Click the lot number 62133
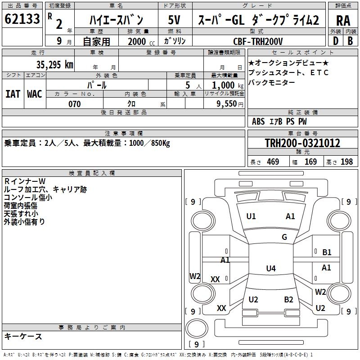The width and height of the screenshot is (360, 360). pos(22,18)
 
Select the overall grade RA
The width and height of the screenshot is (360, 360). pos(343,21)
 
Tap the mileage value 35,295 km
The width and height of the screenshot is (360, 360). pos(54,65)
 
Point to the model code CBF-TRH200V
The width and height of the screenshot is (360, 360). pos(258,41)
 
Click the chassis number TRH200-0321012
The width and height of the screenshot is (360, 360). pos(302,143)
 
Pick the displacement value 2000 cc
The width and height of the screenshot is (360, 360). pos(141,41)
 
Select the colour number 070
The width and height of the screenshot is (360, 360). pos(74,104)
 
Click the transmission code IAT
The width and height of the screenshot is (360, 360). pos(13,94)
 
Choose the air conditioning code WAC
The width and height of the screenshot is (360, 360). pos(35,94)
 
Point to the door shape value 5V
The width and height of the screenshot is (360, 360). pos(174,20)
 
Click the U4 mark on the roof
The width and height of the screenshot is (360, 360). pos(271,268)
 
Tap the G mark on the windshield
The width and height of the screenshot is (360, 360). pos(284,237)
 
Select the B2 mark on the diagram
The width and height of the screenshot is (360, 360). pos(288,300)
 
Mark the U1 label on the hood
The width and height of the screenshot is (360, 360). pos(251,216)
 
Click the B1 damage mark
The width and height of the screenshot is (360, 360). pos(327,252)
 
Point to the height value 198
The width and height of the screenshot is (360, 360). pos(346,162)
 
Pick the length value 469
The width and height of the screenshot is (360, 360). pos(273,162)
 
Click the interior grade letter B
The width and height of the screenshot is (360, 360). pos(350,41)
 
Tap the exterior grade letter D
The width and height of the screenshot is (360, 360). pos(336,41)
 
